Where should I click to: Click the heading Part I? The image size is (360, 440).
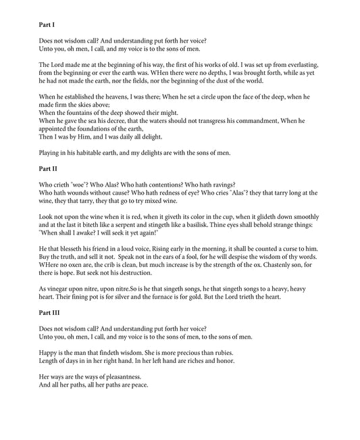tap(47, 25)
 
